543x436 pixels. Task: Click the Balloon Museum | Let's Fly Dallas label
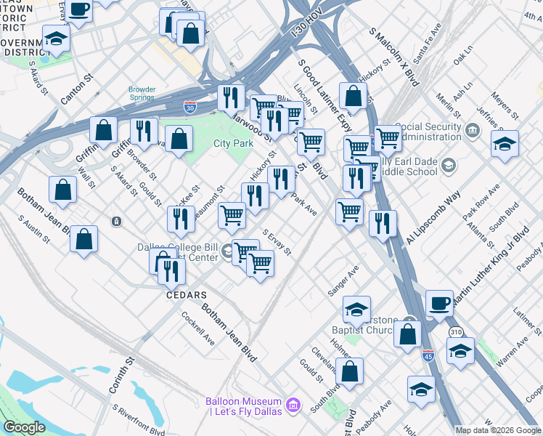pyautogui.click(x=243, y=407)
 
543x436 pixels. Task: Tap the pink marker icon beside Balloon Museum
pyautogui.click(x=293, y=404)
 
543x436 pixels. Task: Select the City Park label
pyautogui.click(x=232, y=143)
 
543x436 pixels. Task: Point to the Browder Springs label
pyautogui.click(x=142, y=94)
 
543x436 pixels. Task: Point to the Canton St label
pyautogui.click(x=79, y=86)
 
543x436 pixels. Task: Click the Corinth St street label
pyautogui.click(x=121, y=375)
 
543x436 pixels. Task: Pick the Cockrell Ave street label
pyautogui.click(x=198, y=328)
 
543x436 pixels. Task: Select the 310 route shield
pyautogui.click(x=456, y=331)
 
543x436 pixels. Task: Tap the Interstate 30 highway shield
pyautogui.click(x=189, y=107)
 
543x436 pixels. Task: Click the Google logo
pyautogui.click(x=25, y=427)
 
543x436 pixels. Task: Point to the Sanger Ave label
pyautogui.click(x=343, y=280)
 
